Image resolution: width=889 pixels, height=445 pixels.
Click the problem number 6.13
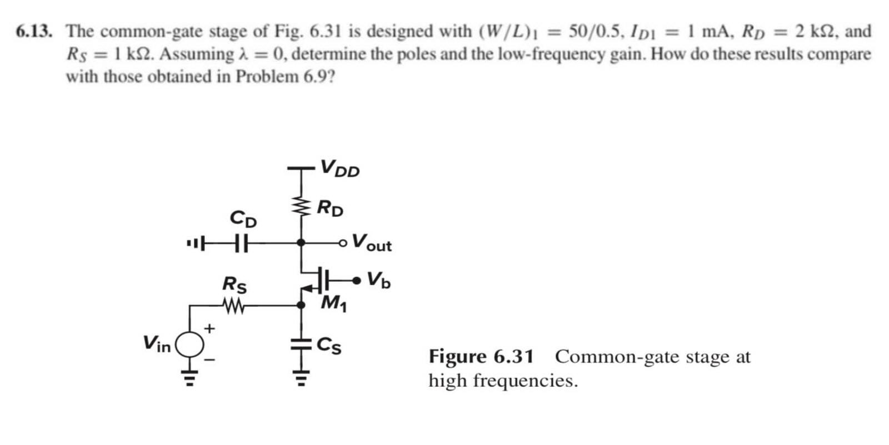(34, 31)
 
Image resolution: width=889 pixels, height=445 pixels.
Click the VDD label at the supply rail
(339, 168)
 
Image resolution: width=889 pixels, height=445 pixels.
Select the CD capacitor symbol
(239, 242)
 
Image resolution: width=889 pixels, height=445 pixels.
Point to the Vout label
(372, 242)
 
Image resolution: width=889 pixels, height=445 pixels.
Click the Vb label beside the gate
(379, 280)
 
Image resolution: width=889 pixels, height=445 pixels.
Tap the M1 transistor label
(333, 303)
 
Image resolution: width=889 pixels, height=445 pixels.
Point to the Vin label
(157, 344)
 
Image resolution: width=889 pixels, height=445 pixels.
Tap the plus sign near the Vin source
(209, 328)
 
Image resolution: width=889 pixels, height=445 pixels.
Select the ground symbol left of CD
(193, 242)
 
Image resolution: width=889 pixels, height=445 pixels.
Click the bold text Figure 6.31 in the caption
(481, 357)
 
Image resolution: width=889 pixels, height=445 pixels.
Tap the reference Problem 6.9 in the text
(285, 76)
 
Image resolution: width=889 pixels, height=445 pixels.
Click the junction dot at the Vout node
(301, 242)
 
